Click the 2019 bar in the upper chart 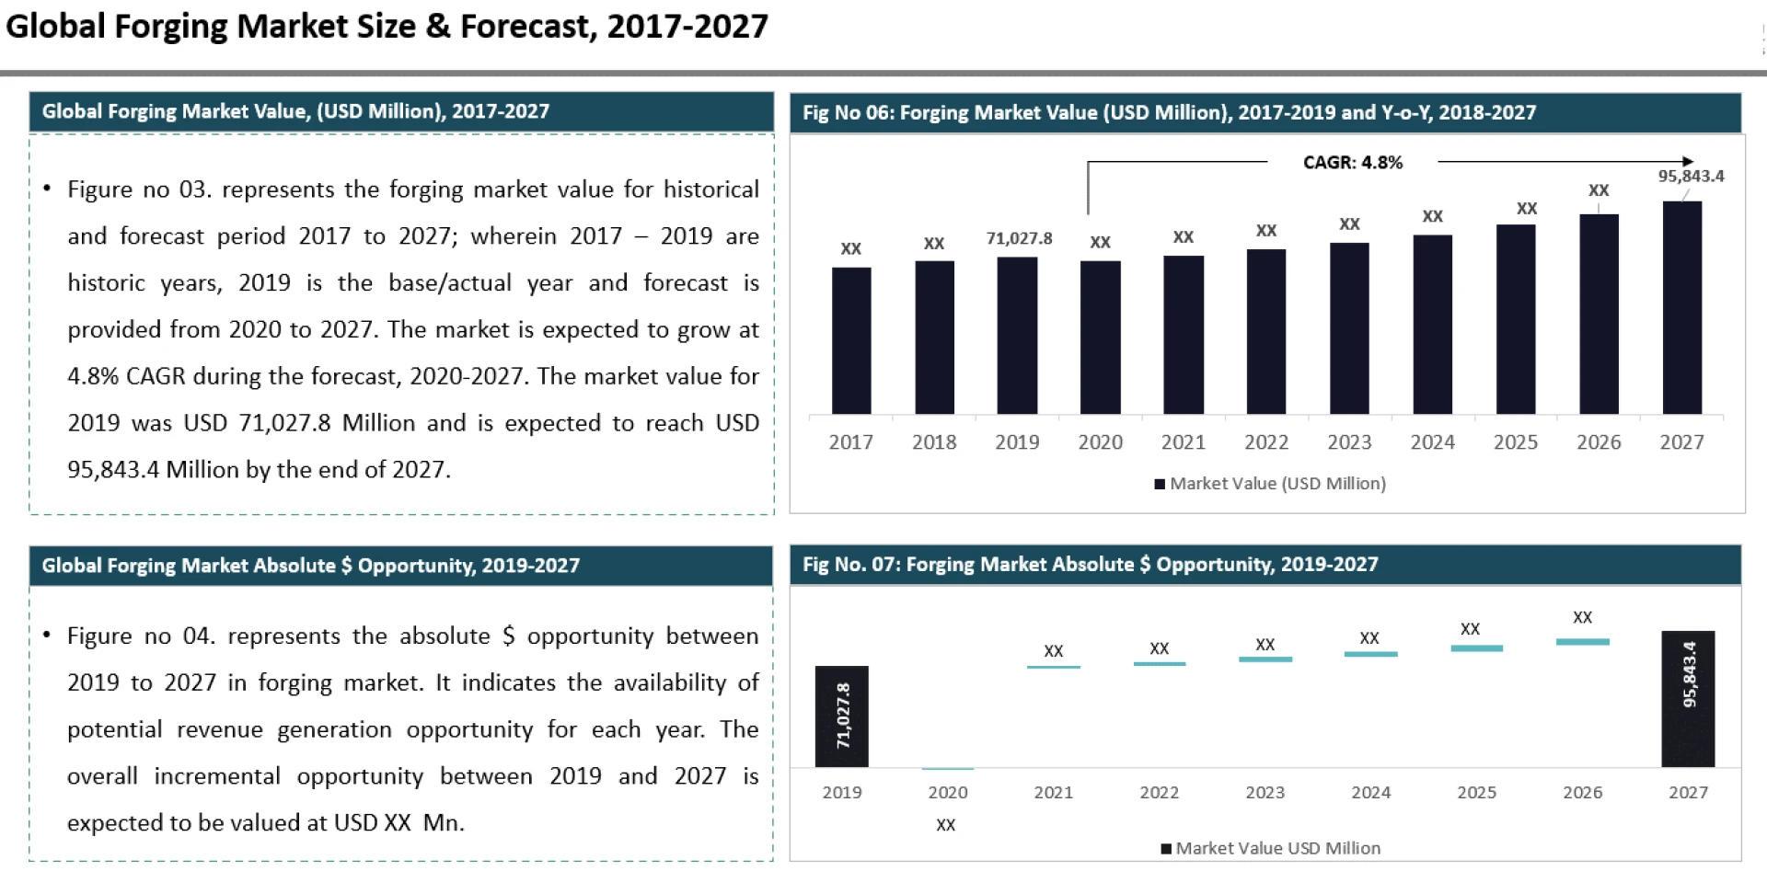pyautogui.click(x=1017, y=336)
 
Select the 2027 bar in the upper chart pyautogui.click(x=1681, y=308)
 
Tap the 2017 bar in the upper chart pyautogui.click(x=850, y=340)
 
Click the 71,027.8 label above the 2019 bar pyautogui.click(x=1019, y=238)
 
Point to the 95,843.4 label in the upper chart pyautogui.click(x=1691, y=176)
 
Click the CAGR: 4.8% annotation pyautogui.click(x=1352, y=163)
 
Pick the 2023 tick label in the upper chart pyautogui.click(x=1349, y=442)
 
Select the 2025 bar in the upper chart pyautogui.click(x=1516, y=319)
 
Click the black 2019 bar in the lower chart pyautogui.click(x=841, y=716)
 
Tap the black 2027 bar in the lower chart pyautogui.click(x=1688, y=699)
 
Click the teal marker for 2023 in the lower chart pyautogui.click(x=1265, y=659)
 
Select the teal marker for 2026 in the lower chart pyautogui.click(x=1582, y=642)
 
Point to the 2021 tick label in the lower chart pyautogui.click(x=1053, y=793)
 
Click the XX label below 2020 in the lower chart pyautogui.click(x=945, y=825)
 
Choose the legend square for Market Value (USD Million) pyautogui.click(x=1160, y=484)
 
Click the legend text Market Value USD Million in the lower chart pyautogui.click(x=1277, y=848)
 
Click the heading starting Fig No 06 pyautogui.click(x=1169, y=112)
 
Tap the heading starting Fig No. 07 pyautogui.click(x=1090, y=565)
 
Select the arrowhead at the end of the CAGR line pyautogui.click(x=1687, y=162)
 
